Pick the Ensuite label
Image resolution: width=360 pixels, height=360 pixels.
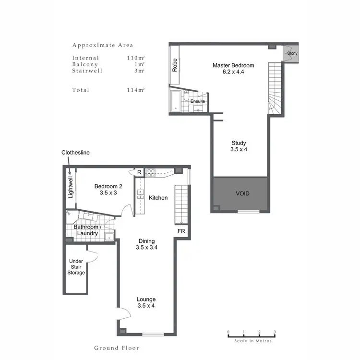(x=198, y=102)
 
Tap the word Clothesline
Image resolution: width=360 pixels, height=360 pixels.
(x=75, y=152)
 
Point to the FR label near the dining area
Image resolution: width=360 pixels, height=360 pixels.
(x=181, y=231)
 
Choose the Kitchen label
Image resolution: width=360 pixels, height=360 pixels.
(x=158, y=198)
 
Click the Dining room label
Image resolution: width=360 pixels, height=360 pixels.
(x=147, y=244)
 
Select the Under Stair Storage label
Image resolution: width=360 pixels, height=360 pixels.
(x=77, y=267)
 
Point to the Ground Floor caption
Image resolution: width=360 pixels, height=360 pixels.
(x=117, y=348)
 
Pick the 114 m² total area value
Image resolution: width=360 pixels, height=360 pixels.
(x=136, y=90)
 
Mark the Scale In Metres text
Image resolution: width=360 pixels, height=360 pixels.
(x=253, y=341)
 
